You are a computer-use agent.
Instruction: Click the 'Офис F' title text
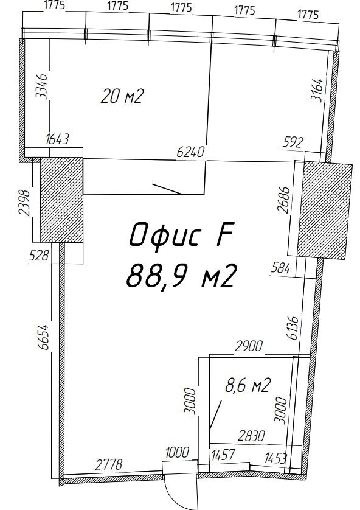pos(182,235)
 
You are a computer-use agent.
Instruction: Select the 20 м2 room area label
pos(122,97)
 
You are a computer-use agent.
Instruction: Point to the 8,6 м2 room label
pos(248,386)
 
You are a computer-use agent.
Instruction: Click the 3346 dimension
pos(42,86)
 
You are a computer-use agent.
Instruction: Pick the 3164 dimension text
pos(317,90)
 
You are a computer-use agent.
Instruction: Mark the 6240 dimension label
pos(191,152)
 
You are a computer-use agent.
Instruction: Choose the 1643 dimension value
pos(58,139)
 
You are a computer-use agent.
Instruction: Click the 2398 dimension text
pos(24,203)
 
